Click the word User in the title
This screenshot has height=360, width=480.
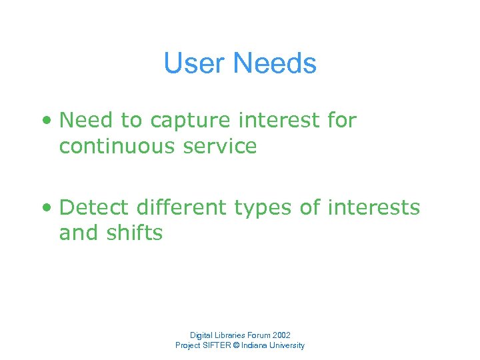[x=195, y=64]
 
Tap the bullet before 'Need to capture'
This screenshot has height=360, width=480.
[x=46, y=121]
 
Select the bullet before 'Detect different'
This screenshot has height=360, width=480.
[x=46, y=209]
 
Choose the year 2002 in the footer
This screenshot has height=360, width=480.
[x=281, y=335]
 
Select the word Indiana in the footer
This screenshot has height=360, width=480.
[x=259, y=345]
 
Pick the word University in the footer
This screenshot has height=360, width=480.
[x=289, y=345]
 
